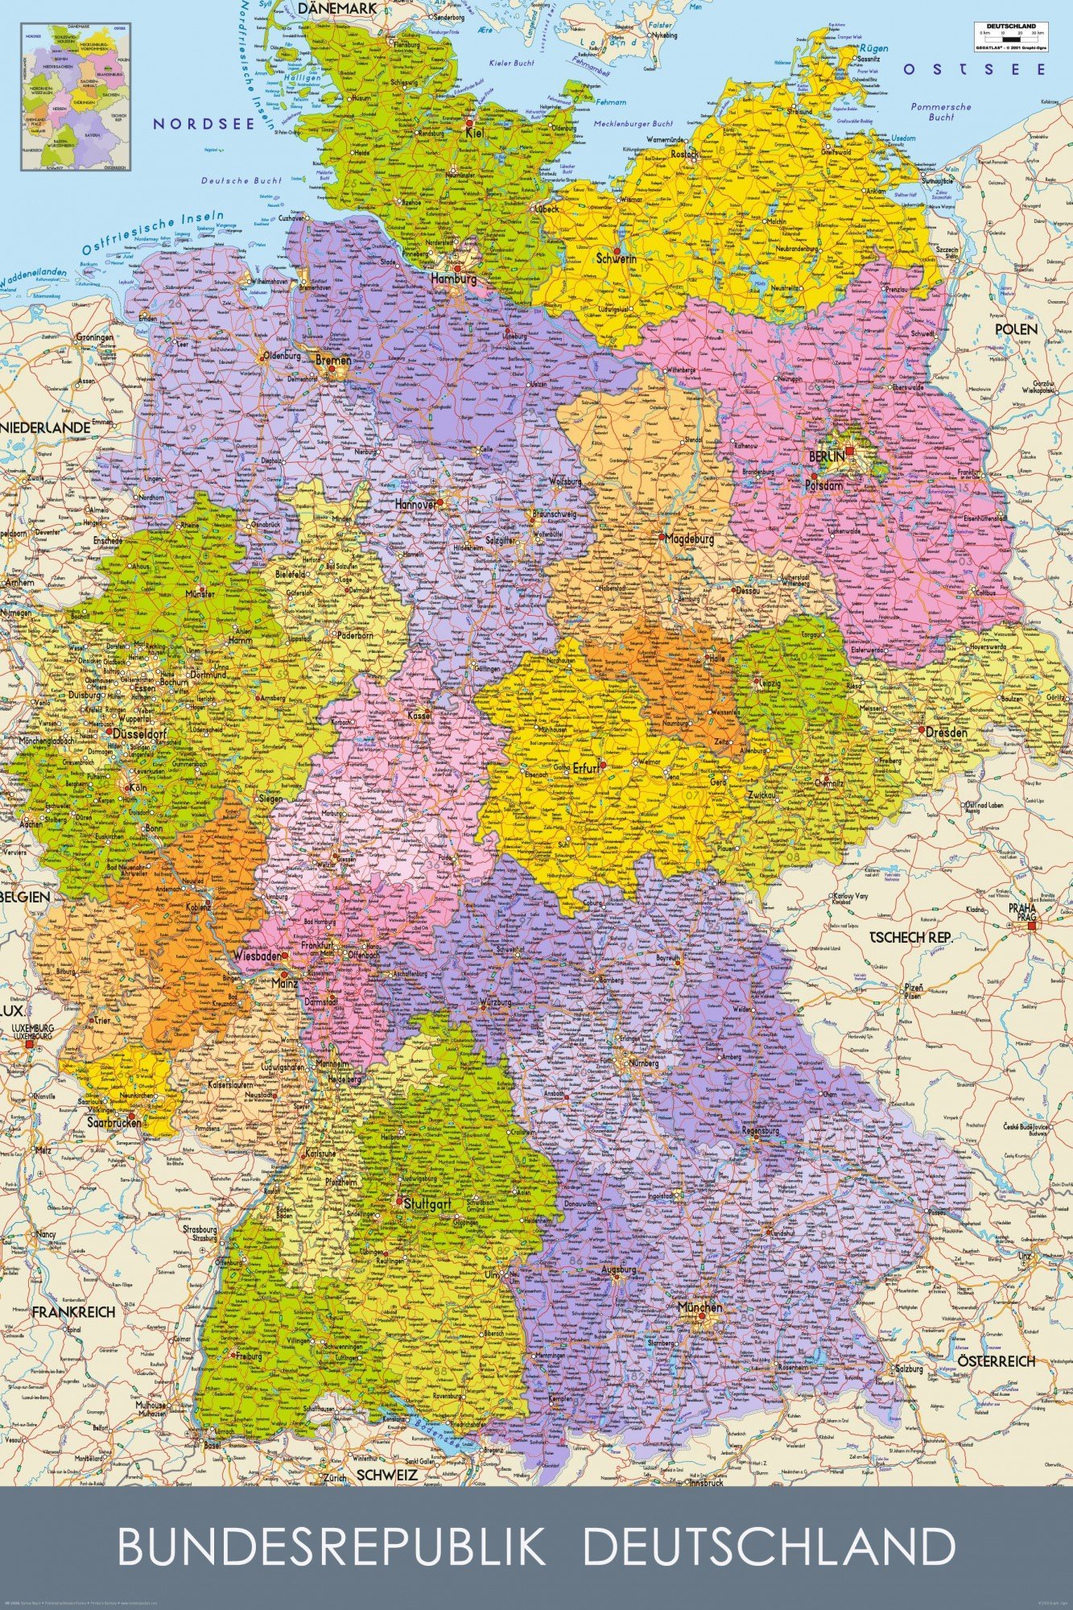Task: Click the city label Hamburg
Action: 454,279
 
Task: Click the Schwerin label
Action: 617,259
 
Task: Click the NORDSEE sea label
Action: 204,123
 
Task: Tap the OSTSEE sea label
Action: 973,70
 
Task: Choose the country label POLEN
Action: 1016,330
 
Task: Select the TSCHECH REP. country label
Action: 910,938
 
